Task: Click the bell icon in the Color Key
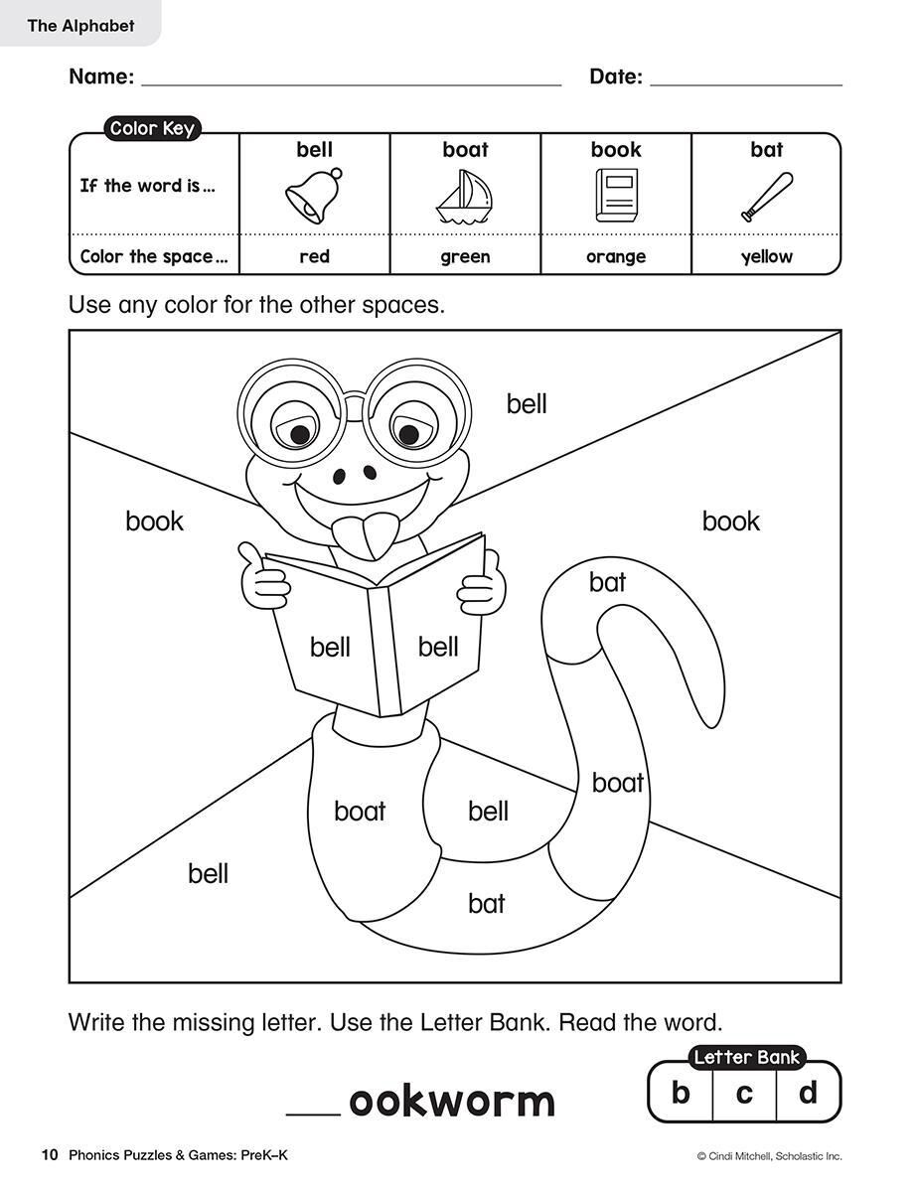pos(315,195)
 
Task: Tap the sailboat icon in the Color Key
pos(464,196)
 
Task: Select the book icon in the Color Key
pos(615,195)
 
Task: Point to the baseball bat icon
pos(766,197)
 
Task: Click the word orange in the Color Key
pos(616,256)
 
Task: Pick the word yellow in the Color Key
pos(766,256)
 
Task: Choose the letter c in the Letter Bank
pos(744,1093)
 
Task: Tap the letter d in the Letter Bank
pos(808,1093)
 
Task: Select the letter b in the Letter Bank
pos(681,1093)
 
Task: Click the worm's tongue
pos(366,535)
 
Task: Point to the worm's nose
pos(350,476)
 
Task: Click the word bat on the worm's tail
pos(607,581)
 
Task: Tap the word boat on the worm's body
pos(360,811)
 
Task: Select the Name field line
pos(352,83)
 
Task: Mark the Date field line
pos(745,83)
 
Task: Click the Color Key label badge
pos(152,128)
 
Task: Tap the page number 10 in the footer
pos(50,1154)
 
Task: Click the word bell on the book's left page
pos(330,648)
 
